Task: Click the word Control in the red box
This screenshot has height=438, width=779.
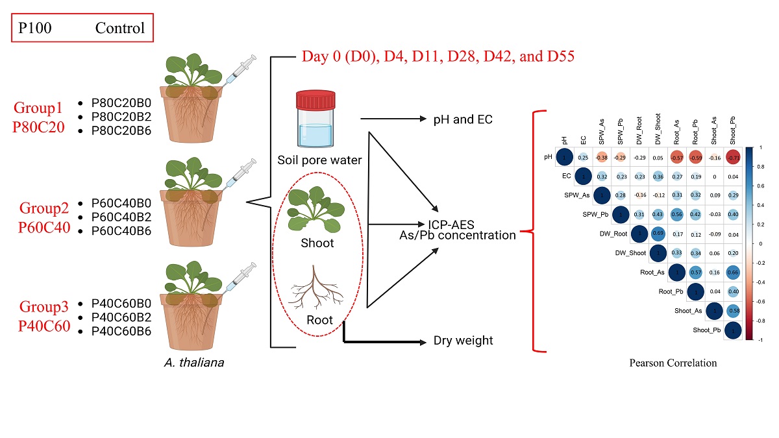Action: (x=120, y=29)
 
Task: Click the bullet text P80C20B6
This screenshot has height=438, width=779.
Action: (x=121, y=129)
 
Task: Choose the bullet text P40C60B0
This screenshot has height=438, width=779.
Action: (x=121, y=303)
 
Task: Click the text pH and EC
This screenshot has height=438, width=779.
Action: (x=463, y=119)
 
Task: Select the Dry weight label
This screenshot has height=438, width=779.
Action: (x=463, y=341)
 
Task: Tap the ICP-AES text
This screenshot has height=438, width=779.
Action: (x=451, y=225)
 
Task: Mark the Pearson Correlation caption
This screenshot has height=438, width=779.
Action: (x=673, y=363)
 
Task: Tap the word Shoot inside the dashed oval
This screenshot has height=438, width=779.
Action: (x=317, y=243)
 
